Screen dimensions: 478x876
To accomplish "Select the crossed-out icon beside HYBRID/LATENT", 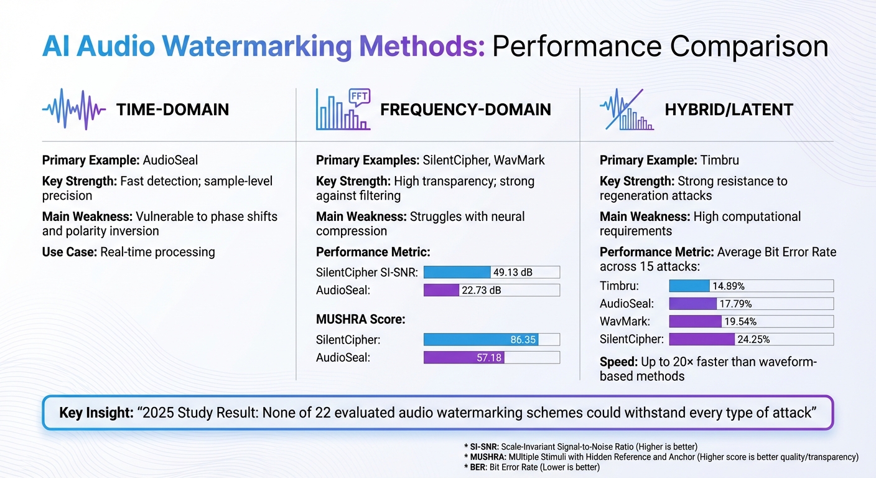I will pos(627,110).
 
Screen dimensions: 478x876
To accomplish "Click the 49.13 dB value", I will pos(513,272).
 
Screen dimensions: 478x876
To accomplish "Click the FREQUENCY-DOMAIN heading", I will pos(465,110).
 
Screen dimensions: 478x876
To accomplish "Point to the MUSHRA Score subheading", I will pos(360,319).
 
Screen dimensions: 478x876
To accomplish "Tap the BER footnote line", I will pos(531,467).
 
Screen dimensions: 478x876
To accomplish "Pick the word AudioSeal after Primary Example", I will pos(170,160).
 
